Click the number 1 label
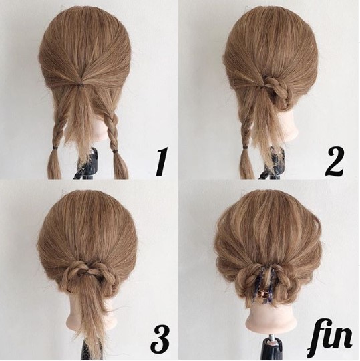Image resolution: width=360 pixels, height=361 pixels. coord(162,162)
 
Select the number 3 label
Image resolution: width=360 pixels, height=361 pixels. coord(160,340)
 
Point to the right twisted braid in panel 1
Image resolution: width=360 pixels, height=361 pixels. coord(112,132)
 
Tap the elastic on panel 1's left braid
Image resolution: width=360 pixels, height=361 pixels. coord(56,147)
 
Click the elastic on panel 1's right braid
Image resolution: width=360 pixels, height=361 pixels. coord(114,151)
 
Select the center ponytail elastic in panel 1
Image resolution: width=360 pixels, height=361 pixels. coord(81,85)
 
